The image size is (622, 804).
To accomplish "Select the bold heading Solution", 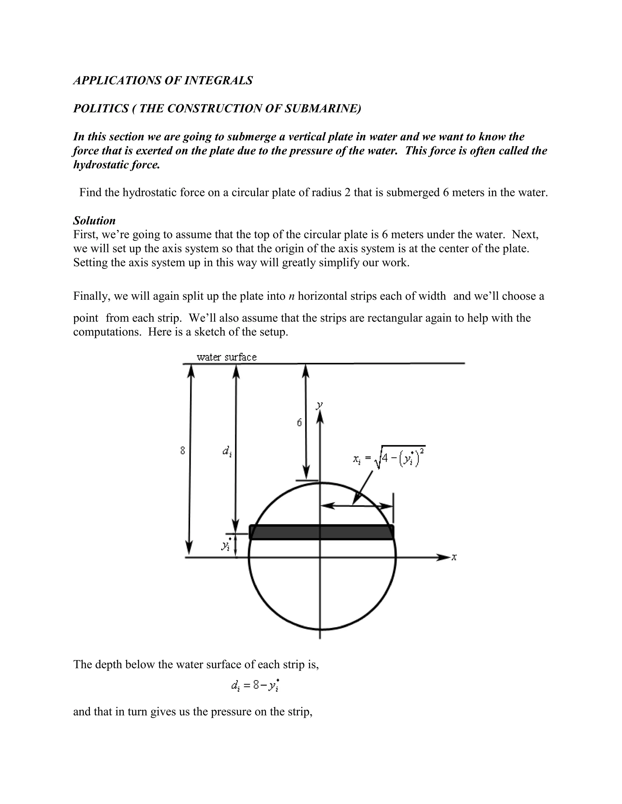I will (x=94, y=221).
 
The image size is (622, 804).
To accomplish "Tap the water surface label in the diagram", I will (x=227, y=357).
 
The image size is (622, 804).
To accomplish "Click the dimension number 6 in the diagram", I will (x=299, y=423).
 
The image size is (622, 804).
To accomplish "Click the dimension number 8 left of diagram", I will (x=183, y=450).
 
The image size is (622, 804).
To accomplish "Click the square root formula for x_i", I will (x=389, y=458).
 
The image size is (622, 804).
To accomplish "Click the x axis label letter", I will (x=454, y=557).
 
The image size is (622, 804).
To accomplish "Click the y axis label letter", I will (x=319, y=405).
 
